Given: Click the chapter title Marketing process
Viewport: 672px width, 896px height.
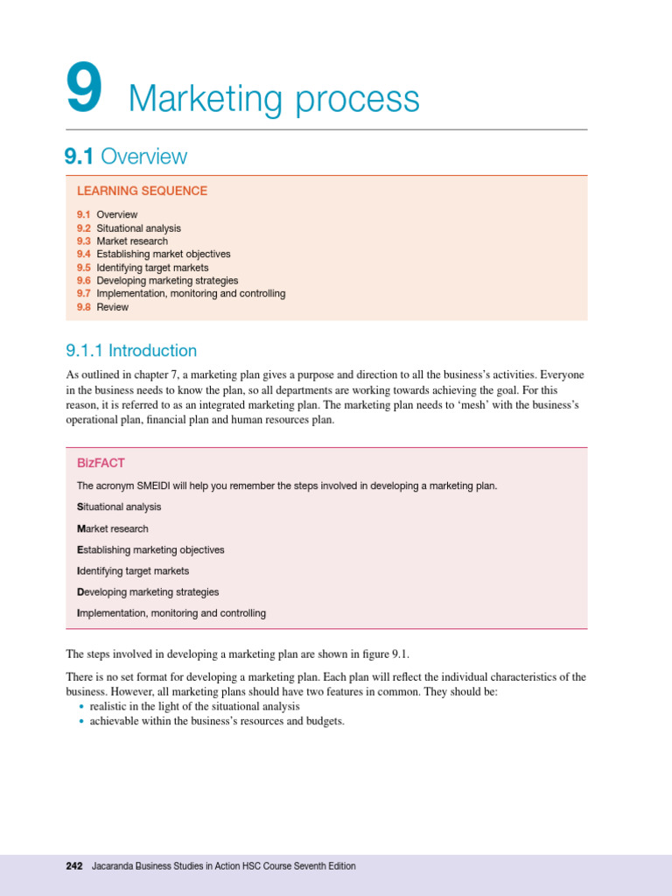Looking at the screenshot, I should [274, 100].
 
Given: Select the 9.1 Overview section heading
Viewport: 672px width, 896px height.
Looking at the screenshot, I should [126, 157].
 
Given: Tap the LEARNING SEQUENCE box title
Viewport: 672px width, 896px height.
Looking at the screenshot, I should [142, 191].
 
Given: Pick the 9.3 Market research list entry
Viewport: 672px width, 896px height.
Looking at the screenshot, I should [122, 241].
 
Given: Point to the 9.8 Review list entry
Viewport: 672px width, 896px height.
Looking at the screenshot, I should [101, 307].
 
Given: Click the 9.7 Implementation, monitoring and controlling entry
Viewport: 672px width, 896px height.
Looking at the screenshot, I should [180, 294].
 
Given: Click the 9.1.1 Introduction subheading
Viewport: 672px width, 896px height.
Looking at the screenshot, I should [131, 351].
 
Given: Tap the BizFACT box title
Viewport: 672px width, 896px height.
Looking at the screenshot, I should [101, 463].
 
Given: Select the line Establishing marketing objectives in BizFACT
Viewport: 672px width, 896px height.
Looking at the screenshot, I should [150, 549].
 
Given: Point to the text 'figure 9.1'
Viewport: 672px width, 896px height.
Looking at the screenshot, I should [382, 654].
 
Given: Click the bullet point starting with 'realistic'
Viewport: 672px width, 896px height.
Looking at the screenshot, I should [194, 706].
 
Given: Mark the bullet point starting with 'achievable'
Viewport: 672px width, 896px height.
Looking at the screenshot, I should [217, 722].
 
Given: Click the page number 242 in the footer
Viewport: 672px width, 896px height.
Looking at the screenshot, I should [74, 866].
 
